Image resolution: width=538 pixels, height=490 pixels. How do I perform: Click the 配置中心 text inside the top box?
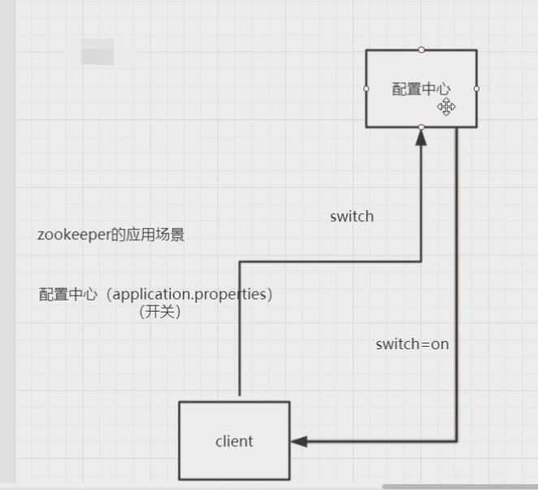point(420,90)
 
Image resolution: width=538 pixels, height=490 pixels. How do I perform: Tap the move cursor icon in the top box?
point(446,107)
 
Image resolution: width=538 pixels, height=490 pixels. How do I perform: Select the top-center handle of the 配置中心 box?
point(421,50)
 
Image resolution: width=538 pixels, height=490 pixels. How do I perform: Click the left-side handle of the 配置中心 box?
point(367,89)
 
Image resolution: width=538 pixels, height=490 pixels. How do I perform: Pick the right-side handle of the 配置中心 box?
point(476,89)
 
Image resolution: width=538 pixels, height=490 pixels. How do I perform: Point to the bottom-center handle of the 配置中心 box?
point(421,128)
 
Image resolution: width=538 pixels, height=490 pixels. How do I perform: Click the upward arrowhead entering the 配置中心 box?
point(421,138)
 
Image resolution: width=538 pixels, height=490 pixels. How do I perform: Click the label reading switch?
point(352,217)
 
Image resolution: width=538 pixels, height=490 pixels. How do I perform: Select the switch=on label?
point(412,343)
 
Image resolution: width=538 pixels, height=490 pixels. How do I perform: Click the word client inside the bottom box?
point(234,441)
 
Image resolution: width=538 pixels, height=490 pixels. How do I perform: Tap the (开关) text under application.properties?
point(158,313)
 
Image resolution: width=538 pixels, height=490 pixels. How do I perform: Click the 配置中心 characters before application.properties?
point(67,295)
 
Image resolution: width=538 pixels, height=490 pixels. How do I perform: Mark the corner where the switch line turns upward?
point(421,261)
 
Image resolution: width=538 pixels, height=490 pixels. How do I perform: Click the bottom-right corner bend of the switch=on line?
point(456,441)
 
